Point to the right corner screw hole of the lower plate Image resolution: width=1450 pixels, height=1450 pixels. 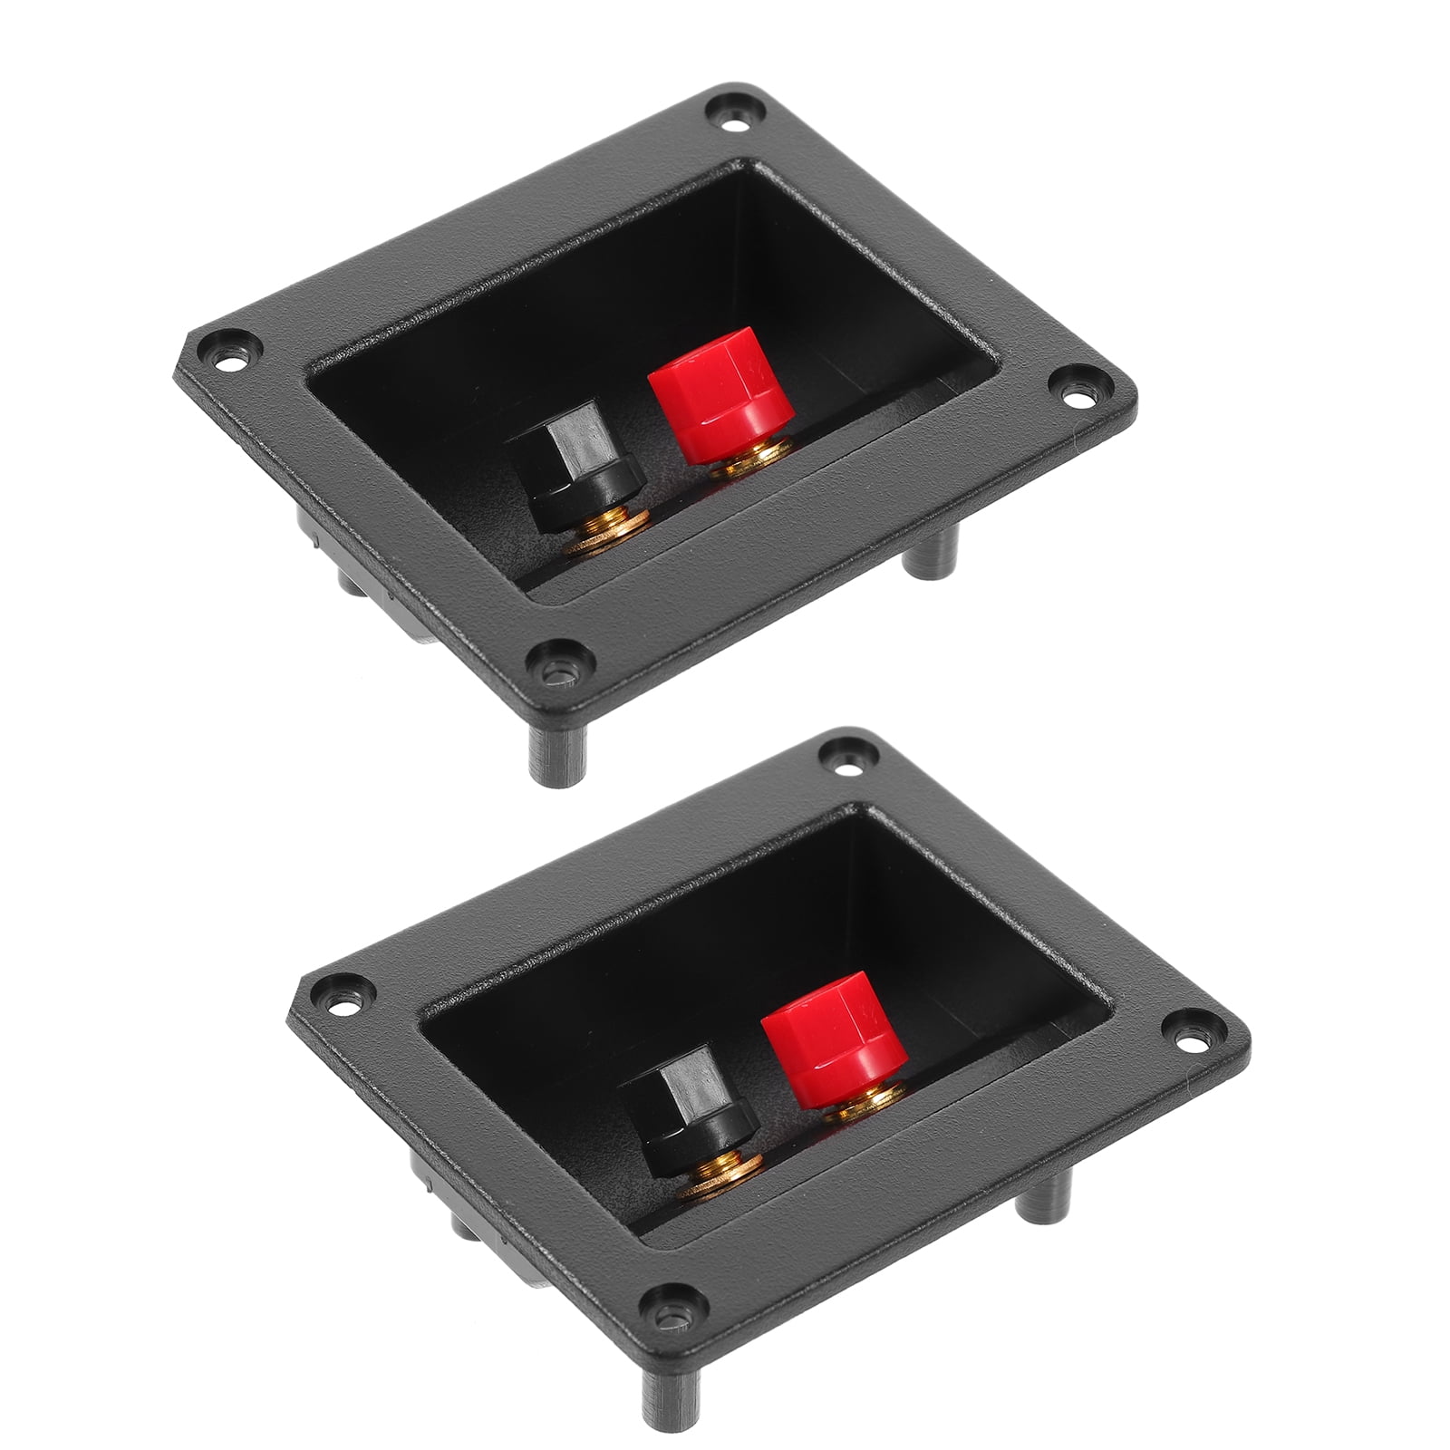point(1194,1024)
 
